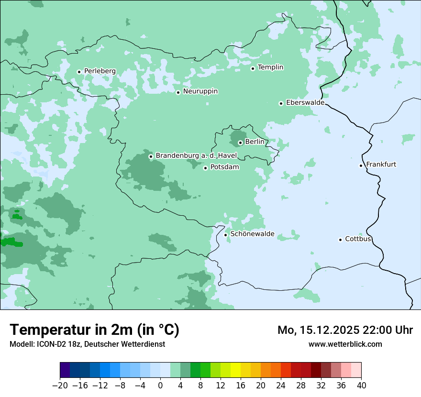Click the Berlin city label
255,142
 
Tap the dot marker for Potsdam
206,168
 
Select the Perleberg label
100,71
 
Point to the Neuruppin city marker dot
178,92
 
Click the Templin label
270,67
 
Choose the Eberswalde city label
305,103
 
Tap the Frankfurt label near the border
381,165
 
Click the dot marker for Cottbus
341,240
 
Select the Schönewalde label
252,234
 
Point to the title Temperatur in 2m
94,330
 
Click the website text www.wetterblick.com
345,344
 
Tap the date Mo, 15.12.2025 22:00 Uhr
345,330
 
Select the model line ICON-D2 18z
87,344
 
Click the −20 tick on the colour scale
60,386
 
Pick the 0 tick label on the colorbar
160,386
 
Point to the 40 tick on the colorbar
361,386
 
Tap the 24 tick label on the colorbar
281,386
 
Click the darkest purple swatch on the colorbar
65,370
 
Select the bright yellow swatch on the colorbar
236,370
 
